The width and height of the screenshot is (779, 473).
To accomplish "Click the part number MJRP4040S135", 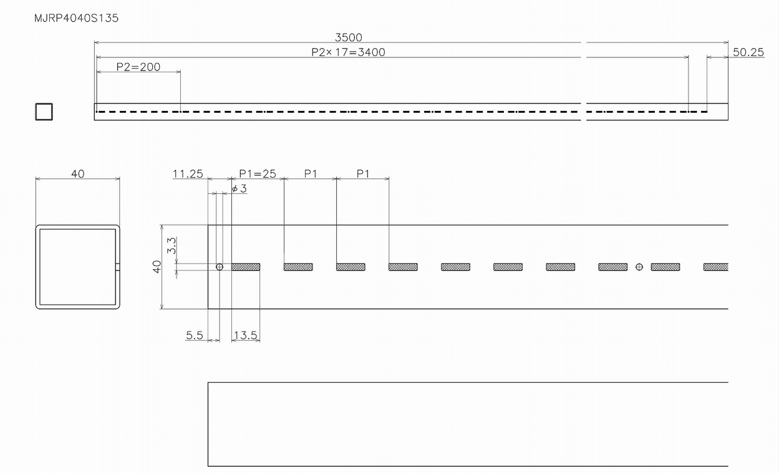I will click(x=76, y=19).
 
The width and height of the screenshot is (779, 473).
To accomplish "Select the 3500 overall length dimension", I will click(x=348, y=37).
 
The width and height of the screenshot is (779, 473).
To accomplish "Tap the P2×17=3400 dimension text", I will click(x=348, y=52).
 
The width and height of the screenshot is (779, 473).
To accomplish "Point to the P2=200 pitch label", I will click(x=138, y=67).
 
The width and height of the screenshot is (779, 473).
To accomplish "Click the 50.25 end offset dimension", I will click(x=748, y=52).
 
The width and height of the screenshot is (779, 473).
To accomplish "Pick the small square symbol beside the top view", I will click(x=44, y=112).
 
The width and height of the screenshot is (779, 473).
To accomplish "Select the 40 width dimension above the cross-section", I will click(x=77, y=174).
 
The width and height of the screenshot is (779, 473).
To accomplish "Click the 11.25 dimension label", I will click(x=188, y=174).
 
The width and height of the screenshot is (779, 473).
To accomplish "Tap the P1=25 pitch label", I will click(x=258, y=174).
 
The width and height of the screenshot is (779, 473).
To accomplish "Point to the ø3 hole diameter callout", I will click(x=239, y=188).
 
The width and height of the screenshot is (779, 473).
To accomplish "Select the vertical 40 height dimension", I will click(x=157, y=267).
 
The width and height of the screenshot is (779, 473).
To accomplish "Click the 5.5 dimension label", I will click(x=195, y=335).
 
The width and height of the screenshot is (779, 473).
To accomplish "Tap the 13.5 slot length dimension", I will click(x=245, y=335).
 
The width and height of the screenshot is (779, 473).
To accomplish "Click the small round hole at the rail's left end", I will click(x=220, y=267).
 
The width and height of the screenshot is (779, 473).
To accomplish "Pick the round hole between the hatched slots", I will click(x=639, y=267).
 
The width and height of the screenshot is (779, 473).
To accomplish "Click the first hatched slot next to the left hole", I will click(x=246, y=267).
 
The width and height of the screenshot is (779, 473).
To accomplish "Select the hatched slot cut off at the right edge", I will click(x=716, y=267).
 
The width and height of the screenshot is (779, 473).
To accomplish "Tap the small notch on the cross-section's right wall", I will click(x=118, y=267).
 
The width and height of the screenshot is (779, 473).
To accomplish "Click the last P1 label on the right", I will click(x=363, y=174).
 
